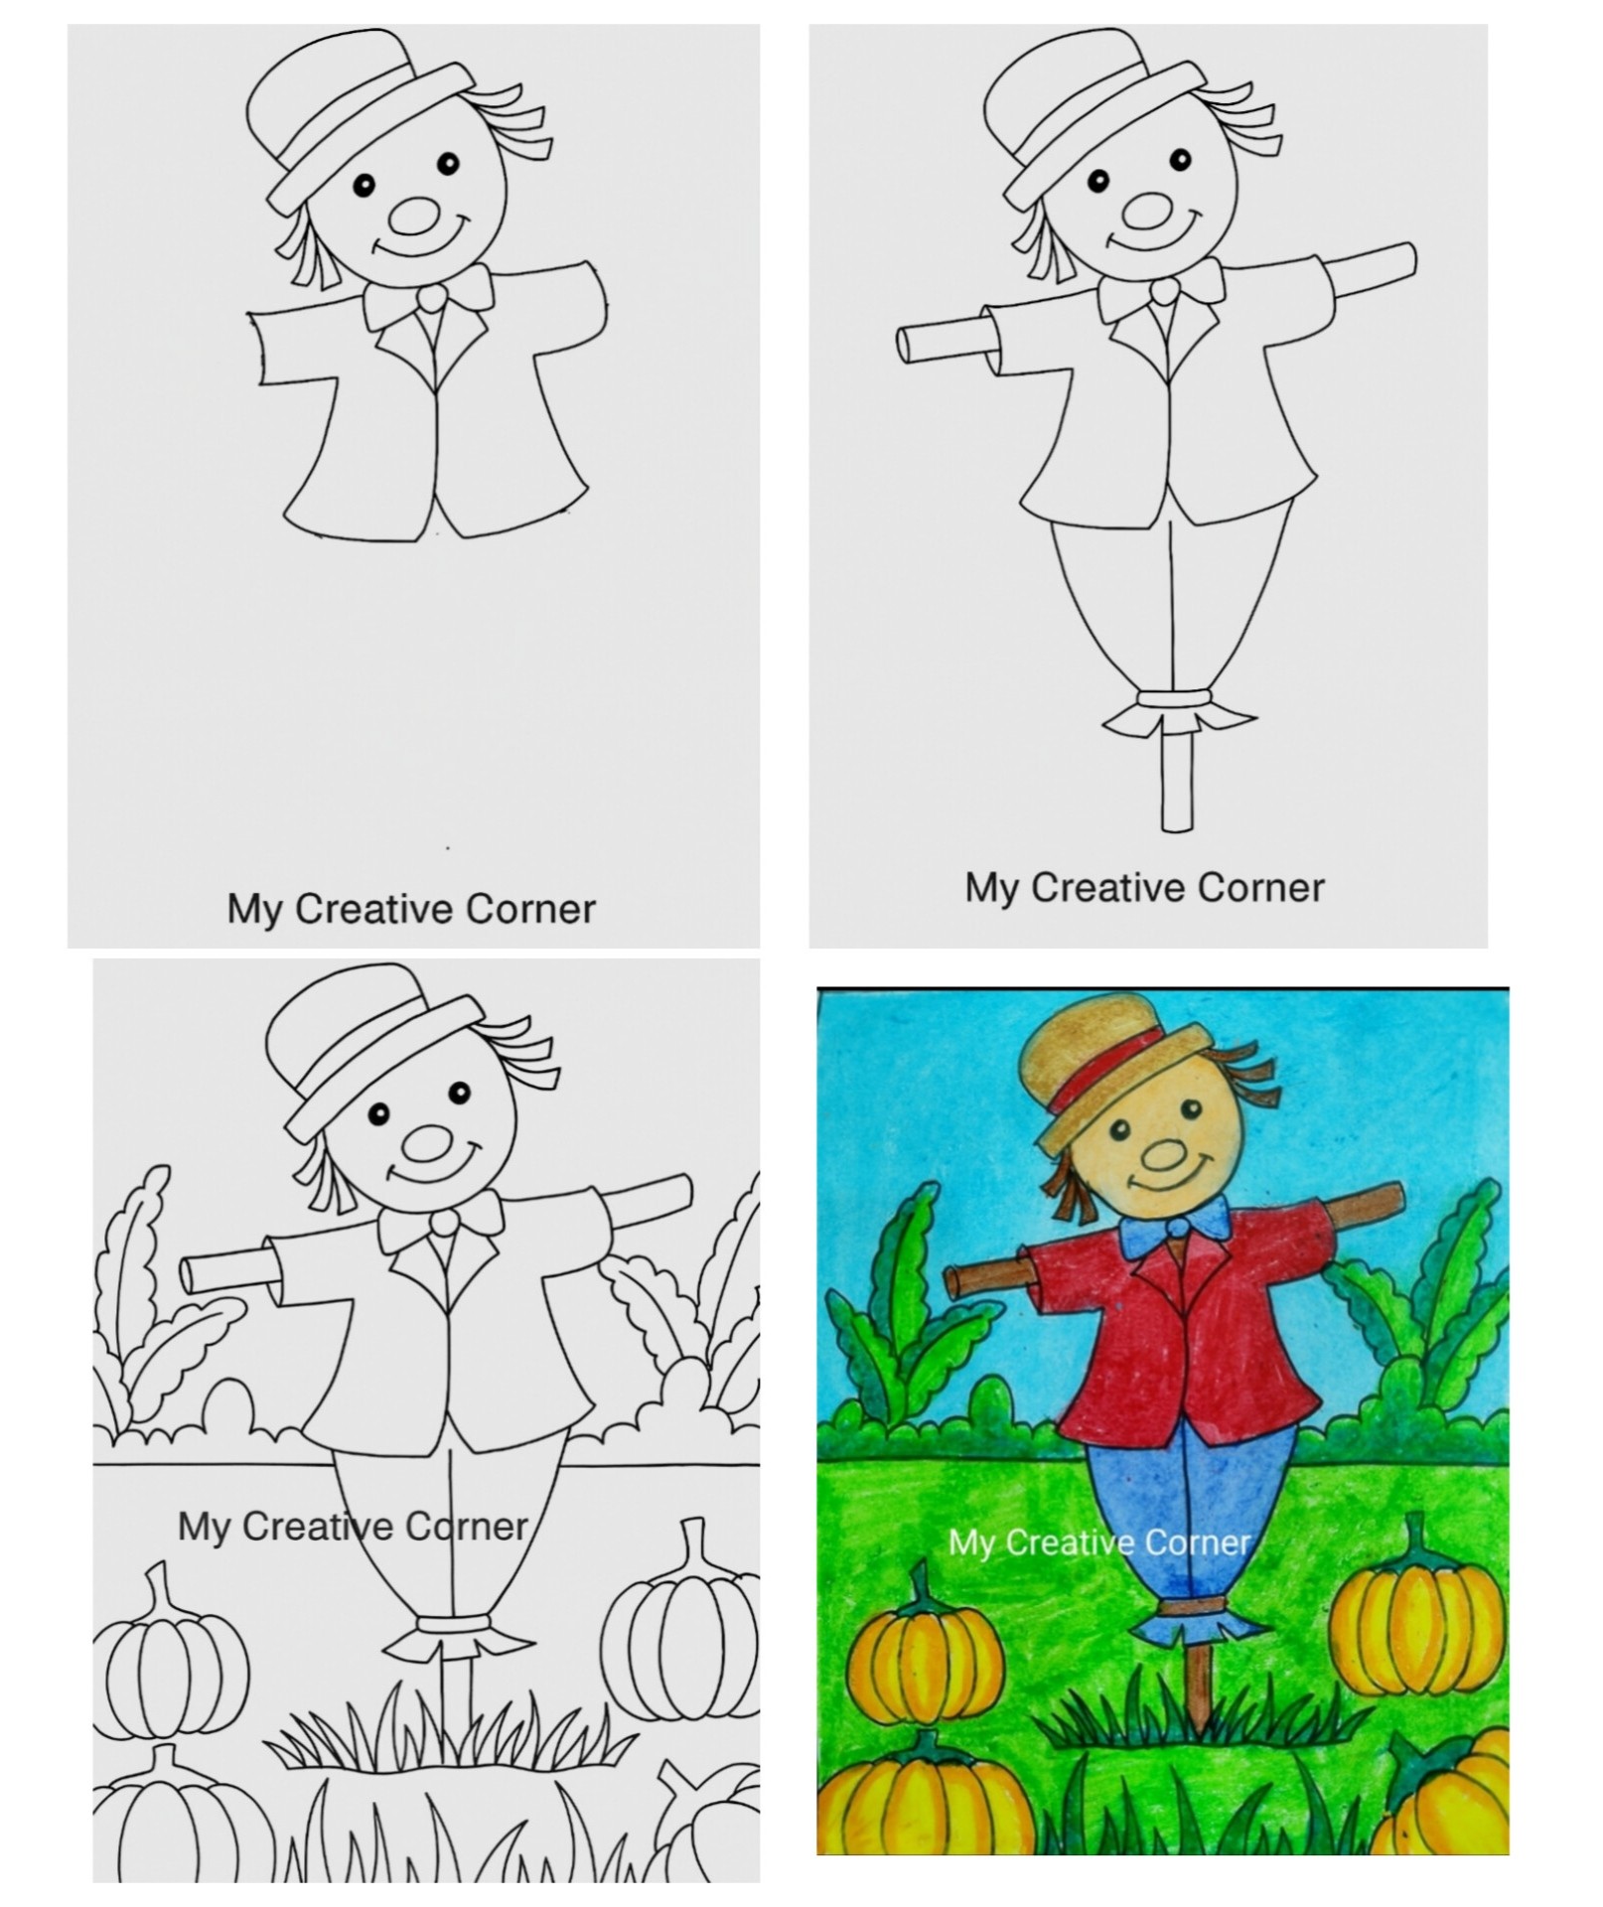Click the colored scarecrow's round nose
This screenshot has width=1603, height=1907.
[1161, 1153]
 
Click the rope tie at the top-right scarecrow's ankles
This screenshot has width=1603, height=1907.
[1177, 699]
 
